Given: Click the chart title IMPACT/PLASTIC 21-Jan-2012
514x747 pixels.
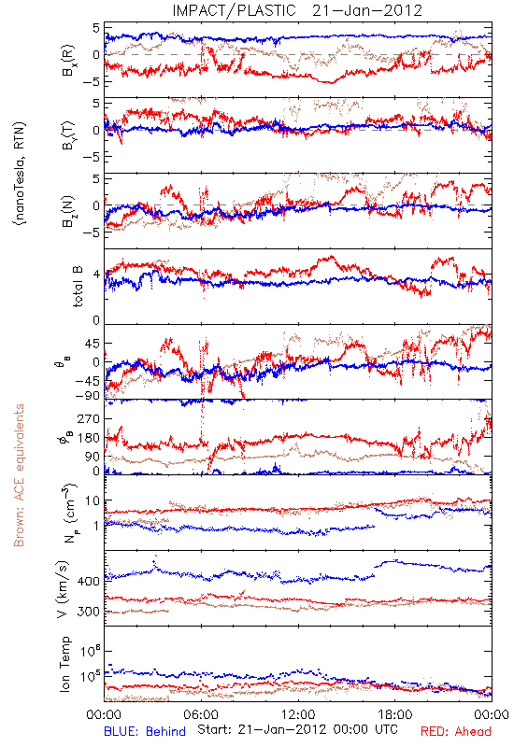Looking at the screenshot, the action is point(297,10).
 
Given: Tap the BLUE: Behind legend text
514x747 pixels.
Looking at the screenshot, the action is point(145,731).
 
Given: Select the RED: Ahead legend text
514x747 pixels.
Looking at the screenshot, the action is point(456,731).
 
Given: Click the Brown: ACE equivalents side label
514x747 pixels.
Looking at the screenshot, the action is point(19,475).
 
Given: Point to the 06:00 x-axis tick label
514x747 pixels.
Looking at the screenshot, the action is point(201,714).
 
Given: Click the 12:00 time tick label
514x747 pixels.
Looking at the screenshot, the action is point(298,714).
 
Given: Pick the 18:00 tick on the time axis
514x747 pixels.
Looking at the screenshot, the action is point(394,714).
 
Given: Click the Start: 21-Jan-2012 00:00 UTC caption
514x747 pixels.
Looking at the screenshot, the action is point(297,729).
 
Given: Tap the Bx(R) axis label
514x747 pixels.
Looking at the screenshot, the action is point(68,60).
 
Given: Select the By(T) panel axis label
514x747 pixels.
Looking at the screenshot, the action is point(68,135).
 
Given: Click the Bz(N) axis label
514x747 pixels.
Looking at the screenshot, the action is point(68,211).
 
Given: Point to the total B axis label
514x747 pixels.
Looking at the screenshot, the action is point(78,287).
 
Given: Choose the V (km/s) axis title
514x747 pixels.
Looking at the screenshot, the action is point(63,589).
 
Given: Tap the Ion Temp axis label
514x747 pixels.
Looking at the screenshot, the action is point(64,664).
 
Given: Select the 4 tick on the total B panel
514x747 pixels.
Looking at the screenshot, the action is point(96,275).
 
